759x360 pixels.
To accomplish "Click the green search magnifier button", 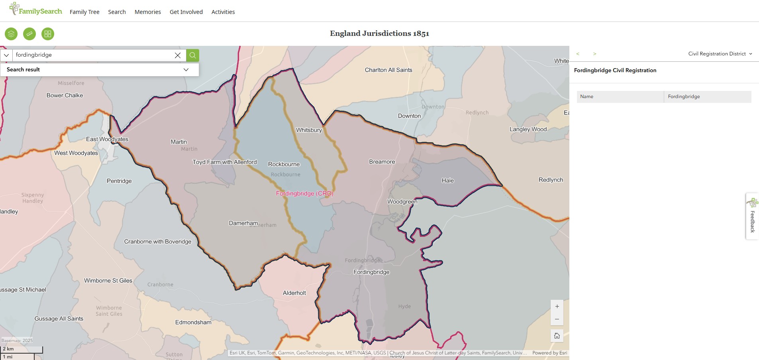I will (192, 55).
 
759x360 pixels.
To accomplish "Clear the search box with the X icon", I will (178, 55).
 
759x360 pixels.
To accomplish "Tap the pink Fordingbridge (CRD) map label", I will (304, 193).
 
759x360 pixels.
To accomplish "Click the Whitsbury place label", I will (309, 130).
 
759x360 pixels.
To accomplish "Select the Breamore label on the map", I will (382, 161).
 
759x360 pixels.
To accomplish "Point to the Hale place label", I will (447, 181).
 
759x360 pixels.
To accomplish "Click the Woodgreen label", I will (402, 202).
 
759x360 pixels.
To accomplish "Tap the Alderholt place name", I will (294, 293).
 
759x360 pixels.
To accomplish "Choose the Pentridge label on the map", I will (119, 181).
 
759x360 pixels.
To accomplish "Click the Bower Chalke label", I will (65, 95).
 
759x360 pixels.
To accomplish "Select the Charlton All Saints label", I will (388, 70).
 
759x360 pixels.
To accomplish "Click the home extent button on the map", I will (557, 336).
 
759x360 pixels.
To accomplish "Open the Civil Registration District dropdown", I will (720, 54).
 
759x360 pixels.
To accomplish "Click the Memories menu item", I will (147, 12).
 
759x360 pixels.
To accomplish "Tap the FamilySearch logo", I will (36, 10).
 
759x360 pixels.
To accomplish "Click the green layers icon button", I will (11, 34).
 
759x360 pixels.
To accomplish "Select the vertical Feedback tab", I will (752, 216).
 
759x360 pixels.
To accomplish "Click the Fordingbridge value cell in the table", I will (707, 96).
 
